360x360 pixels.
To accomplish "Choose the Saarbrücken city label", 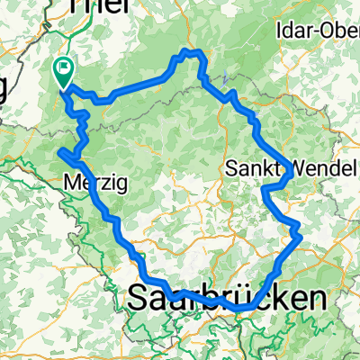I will (227, 299).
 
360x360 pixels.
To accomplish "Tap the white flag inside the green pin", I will (65, 66).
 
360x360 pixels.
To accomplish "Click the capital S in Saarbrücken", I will (140, 299).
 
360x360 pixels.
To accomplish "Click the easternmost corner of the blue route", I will (299, 233).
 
